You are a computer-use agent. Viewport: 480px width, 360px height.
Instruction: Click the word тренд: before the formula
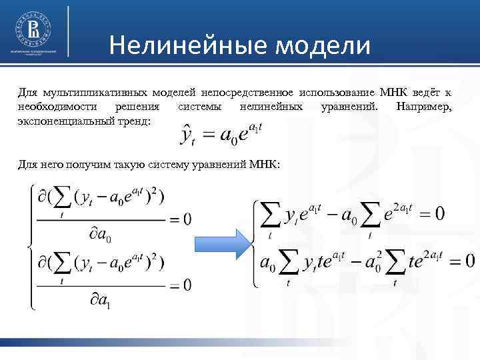(133, 121)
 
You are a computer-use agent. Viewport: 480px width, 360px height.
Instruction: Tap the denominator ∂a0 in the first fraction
(101, 234)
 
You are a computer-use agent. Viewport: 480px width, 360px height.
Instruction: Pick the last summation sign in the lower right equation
(395, 261)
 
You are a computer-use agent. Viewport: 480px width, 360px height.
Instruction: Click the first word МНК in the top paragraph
(388, 91)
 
